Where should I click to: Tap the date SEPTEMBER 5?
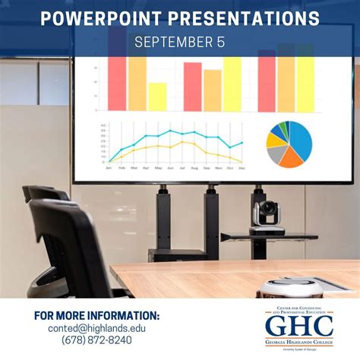[x=179, y=42]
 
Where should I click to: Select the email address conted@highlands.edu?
[x=96, y=328]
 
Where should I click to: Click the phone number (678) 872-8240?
[x=96, y=341]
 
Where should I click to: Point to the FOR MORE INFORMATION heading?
[x=96, y=315]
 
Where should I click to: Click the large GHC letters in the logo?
[x=298, y=325]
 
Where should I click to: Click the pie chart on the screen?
[x=289, y=144]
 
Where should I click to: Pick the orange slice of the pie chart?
[x=288, y=157]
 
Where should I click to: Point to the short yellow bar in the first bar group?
[x=157, y=96]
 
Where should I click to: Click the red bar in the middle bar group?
[x=192, y=87]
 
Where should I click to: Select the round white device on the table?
[x=285, y=286]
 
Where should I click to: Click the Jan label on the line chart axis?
[x=109, y=167]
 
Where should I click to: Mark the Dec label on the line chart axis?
[x=242, y=167]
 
